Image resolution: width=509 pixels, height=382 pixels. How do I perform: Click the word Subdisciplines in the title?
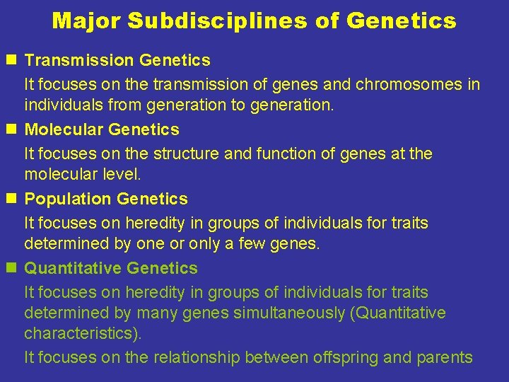coord(220,21)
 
